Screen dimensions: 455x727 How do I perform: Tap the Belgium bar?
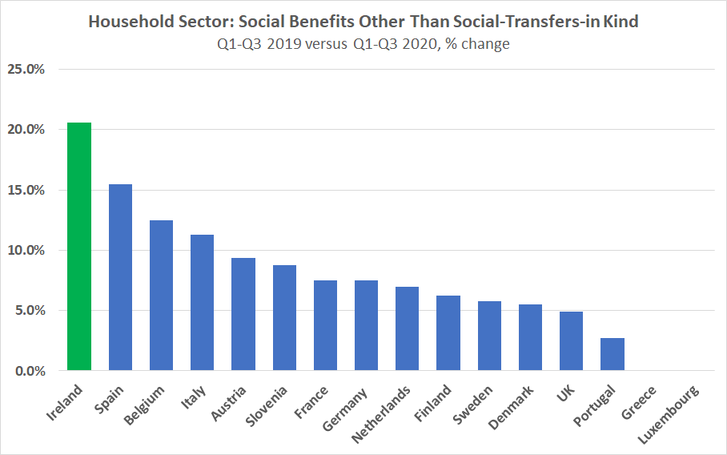click(161, 296)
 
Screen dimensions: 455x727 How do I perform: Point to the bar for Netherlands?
click(407, 328)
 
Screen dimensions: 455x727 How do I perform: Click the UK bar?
click(571, 341)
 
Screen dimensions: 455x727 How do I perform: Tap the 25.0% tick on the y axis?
click(26, 70)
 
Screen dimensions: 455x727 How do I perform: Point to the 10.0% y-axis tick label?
click(26, 250)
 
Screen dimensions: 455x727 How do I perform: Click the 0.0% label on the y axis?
click(29, 371)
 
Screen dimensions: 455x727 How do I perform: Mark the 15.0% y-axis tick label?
click(26, 190)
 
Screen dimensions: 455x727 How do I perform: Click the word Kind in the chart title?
click(621, 22)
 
